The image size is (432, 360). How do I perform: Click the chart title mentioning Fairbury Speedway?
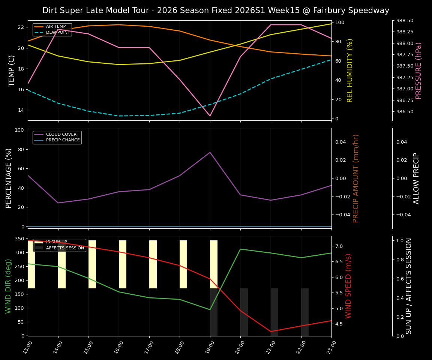coord(216,10)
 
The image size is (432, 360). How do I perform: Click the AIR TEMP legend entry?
coord(55,27)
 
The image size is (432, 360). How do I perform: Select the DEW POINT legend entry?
coord(57,33)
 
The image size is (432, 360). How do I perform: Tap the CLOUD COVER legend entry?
coord(61,134)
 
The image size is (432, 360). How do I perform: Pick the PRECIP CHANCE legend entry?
coord(63,140)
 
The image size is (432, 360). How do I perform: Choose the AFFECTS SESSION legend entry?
coord(64,248)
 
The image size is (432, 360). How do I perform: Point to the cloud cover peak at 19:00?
coord(210,152)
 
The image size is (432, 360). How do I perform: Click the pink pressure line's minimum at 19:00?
coord(210,116)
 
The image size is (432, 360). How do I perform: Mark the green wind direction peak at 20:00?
coord(240,249)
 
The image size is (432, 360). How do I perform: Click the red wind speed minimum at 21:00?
coord(271,331)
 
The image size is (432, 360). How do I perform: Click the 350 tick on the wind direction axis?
coord(18,238)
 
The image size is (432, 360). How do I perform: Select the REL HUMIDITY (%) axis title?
coord(350,70)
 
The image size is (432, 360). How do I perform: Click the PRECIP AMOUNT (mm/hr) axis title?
coord(356,178)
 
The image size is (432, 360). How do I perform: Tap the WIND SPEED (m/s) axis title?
coord(348,286)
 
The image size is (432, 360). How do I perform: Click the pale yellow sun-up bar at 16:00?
coord(123,264)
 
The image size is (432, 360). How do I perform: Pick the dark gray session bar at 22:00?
coord(304,312)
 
